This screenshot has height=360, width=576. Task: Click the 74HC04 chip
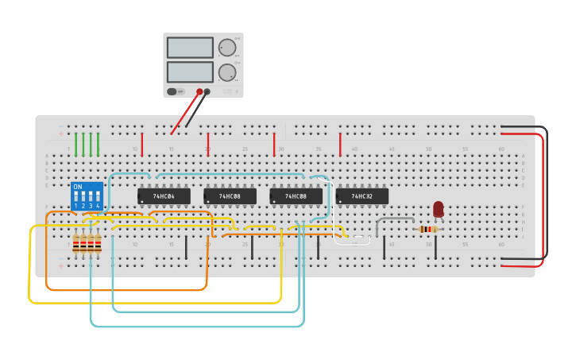(x=164, y=195)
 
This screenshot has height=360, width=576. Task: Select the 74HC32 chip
(x=361, y=195)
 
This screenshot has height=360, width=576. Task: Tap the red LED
(x=439, y=209)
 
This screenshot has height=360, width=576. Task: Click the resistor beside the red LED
(x=427, y=230)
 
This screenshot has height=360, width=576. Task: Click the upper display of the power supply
(x=190, y=48)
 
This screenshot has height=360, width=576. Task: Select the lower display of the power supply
(x=190, y=72)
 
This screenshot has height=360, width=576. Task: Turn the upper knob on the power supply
(x=227, y=48)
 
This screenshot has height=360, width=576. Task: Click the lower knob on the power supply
(x=227, y=72)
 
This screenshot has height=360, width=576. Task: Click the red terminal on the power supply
(x=199, y=91)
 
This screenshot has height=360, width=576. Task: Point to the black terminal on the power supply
(x=207, y=91)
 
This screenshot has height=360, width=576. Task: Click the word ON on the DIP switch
(x=77, y=187)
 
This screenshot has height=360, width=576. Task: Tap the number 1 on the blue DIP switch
(x=76, y=206)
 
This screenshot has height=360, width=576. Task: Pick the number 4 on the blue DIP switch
(x=98, y=206)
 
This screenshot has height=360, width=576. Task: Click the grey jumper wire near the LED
(x=395, y=219)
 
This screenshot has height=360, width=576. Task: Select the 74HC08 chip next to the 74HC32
(x=296, y=195)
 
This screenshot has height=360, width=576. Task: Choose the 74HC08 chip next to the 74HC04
(x=230, y=195)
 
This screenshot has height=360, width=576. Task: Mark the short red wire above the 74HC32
(x=340, y=144)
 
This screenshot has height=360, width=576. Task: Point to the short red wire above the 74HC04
(x=142, y=144)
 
